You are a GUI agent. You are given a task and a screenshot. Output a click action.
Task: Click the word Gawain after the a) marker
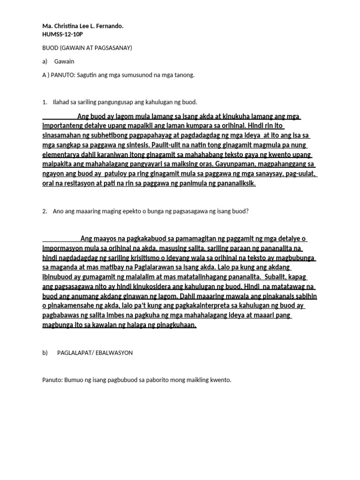point(64,61)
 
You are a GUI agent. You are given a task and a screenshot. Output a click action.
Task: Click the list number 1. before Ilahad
point(45,102)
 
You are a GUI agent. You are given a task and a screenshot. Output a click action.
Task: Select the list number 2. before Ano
point(45,211)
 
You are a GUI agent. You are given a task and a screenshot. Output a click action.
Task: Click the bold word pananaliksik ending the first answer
point(235,184)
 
